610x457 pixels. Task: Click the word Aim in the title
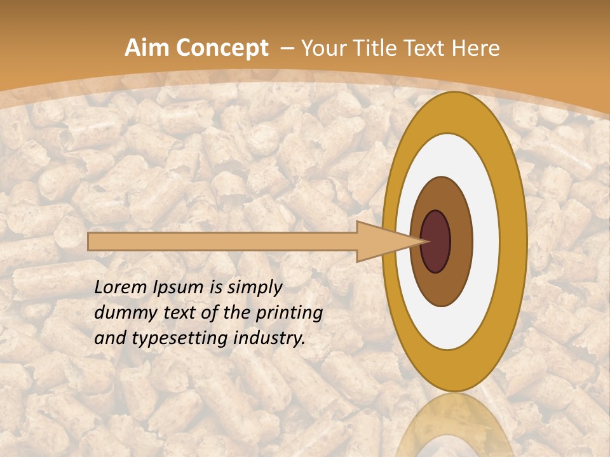point(147,48)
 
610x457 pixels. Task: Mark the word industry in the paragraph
point(269,338)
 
